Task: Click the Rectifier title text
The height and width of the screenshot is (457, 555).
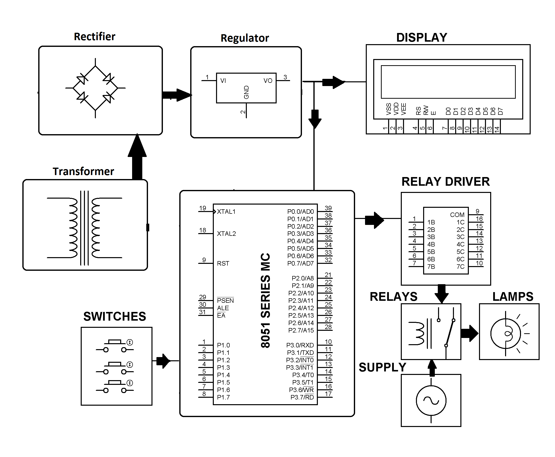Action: [94, 37]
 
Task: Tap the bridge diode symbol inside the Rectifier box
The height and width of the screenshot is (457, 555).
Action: [95, 88]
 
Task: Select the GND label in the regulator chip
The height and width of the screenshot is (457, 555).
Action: [246, 92]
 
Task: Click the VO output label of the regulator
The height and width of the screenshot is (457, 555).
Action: [268, 81]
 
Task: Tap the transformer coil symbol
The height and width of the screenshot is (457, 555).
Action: [84, 228]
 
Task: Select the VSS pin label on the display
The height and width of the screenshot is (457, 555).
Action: [388, 109]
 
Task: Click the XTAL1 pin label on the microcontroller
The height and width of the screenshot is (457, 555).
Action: [226, 212]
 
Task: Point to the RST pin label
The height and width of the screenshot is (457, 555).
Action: [223, 264]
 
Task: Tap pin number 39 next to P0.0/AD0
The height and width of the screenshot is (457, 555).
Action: [328, 208]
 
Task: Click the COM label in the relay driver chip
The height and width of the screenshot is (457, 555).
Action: [457, 215]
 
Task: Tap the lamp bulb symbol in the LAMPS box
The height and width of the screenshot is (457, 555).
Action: [505, 334]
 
